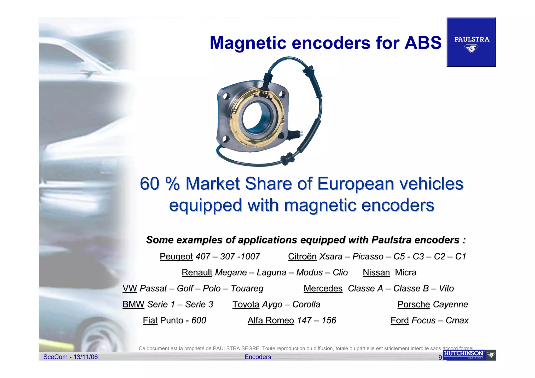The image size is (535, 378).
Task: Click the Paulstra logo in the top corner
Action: [471, 42]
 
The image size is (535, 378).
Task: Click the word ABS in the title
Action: [423, 43]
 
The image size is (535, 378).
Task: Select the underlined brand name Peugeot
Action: [176, 257]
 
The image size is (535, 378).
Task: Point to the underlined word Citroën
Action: [302, 257]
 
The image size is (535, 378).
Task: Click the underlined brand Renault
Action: [197, 272]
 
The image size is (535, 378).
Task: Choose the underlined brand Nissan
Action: [376, 272]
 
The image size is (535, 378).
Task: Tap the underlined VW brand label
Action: [130, 288]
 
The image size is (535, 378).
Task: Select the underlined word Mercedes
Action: [323, 288]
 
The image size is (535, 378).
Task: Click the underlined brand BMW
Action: [133, 304]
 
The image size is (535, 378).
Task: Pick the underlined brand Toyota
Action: [246, 304]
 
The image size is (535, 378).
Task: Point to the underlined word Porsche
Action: [414, 304]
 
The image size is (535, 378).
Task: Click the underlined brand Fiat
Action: [150, 320]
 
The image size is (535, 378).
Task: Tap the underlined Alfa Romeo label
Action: [271, 320]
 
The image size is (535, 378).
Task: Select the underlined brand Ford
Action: [400, 320]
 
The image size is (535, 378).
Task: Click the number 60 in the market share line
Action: [149, 184]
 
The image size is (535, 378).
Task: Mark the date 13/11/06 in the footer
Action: [86, 357]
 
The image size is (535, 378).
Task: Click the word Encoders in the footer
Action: [258, 357]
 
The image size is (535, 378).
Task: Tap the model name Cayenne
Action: [450, 304]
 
